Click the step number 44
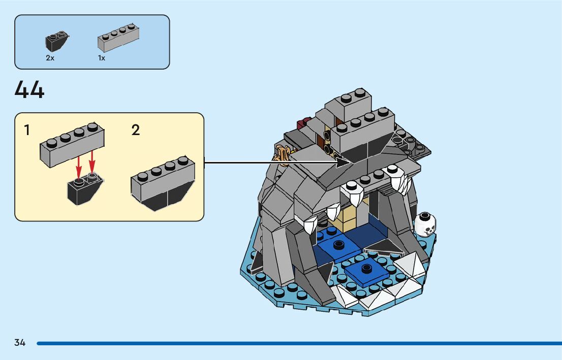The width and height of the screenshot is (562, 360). (29, 90)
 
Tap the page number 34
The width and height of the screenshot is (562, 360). (20, 343)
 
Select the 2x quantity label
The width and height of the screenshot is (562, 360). (50, 58)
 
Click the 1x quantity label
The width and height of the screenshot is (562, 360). (102, 58)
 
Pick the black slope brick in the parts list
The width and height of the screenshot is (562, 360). (56, 42)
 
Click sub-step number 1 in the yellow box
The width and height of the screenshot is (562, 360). (27, 130)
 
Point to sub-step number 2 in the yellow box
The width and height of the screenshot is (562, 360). (135, 130)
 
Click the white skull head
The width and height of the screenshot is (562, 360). (425, 224)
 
